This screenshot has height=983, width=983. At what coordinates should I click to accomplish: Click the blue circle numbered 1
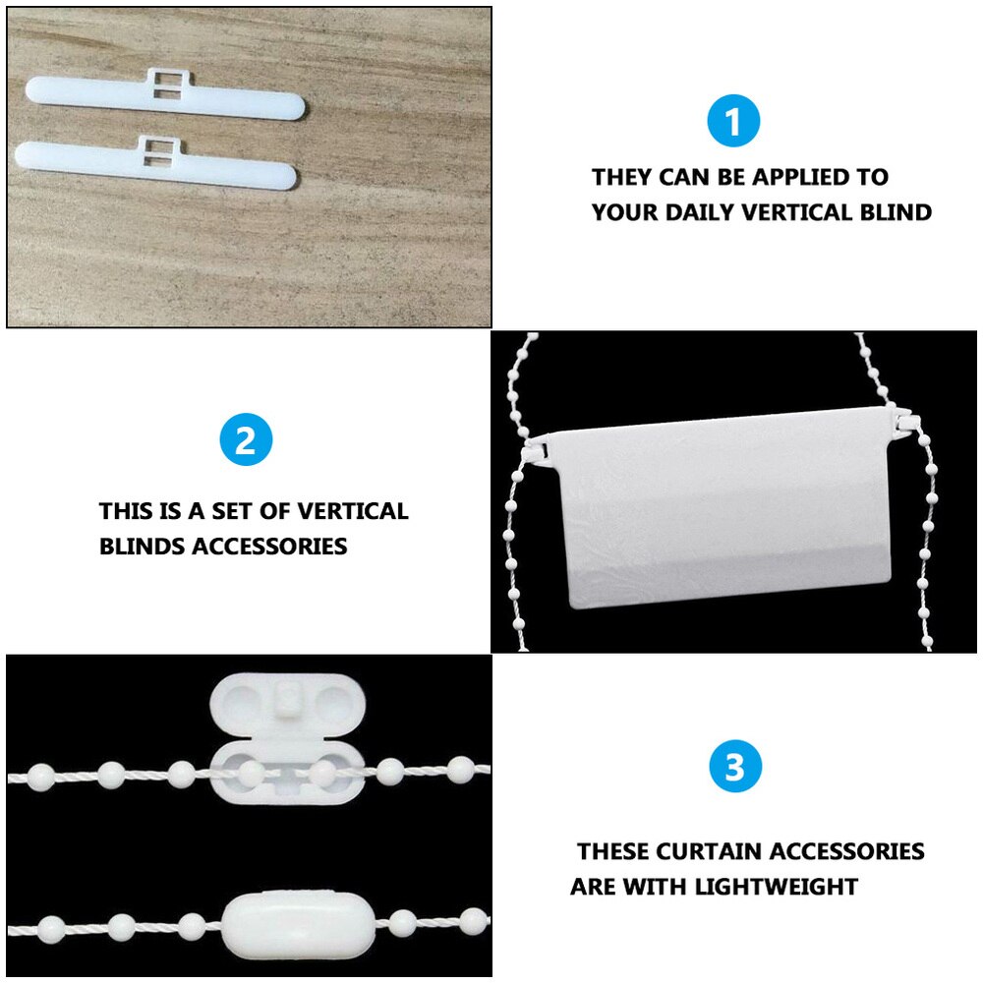coord(733,123)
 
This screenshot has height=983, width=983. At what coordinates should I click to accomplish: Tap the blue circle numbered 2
coord(246,439)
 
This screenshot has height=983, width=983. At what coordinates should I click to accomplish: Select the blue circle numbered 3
coord(734,768)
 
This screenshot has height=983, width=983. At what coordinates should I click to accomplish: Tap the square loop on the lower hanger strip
coord(155,148)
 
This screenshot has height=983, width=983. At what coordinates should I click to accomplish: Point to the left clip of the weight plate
coord(537,450)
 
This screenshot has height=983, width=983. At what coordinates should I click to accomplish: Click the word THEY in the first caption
coord(622,178)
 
